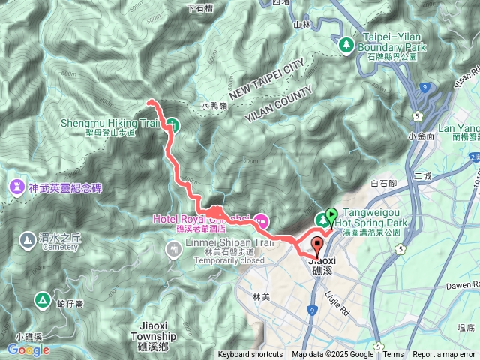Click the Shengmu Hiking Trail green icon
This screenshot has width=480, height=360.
point(172,124)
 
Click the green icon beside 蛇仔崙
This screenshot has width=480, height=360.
point(42,301)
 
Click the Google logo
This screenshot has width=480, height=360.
point(28,349)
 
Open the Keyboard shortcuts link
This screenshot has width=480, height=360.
point(250,355)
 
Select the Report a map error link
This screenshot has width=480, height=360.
point(444,355)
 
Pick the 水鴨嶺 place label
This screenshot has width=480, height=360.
point(214,106)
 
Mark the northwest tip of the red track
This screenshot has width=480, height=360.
point(149,101)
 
